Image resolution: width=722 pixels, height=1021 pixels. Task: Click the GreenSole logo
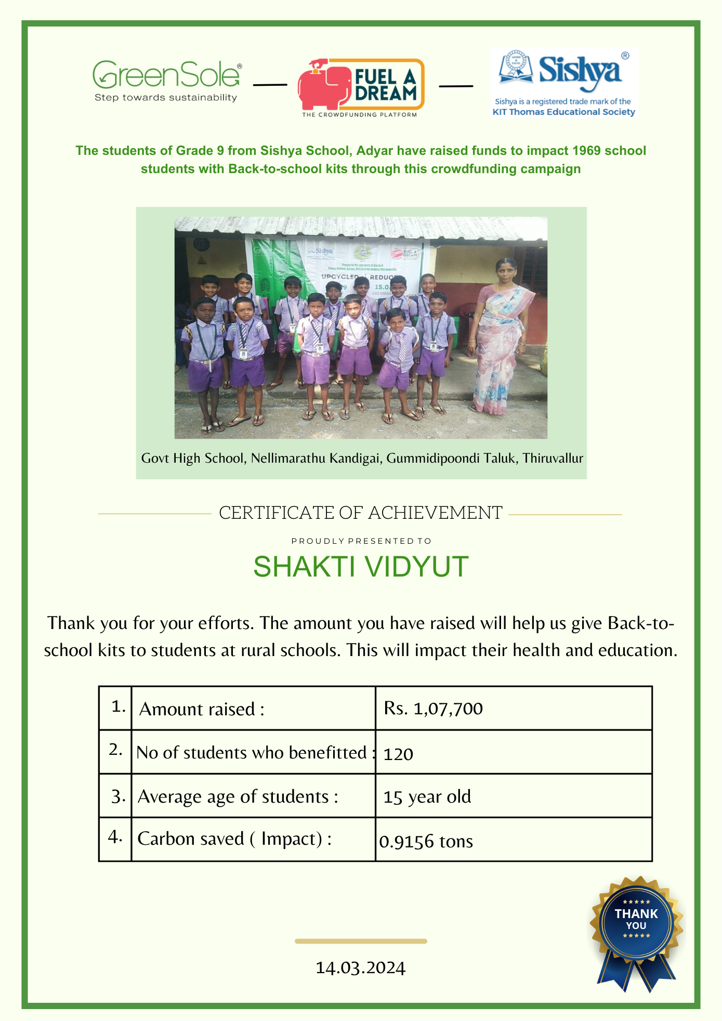(167, 81)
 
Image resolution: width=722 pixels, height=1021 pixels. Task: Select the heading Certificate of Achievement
(360, 513)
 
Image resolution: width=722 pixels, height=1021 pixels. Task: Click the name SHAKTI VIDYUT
(361, 567)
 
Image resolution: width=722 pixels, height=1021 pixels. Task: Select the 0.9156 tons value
(426, 841)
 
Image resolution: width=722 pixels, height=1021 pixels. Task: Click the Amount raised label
(202, 709)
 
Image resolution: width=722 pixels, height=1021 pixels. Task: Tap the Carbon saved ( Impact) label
(234, 839)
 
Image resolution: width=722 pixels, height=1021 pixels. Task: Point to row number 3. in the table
(118, 796)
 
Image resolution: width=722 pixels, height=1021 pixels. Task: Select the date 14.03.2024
(360, 968)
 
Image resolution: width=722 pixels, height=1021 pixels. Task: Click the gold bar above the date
(360, 941)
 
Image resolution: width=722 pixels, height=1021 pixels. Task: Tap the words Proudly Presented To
(361, 541)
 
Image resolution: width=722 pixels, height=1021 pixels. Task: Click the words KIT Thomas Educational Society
(563, 112)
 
